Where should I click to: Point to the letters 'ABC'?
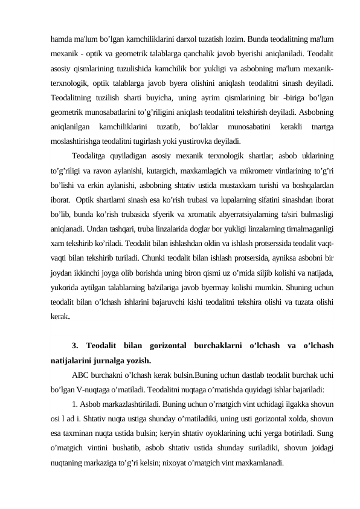pos(80,360)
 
